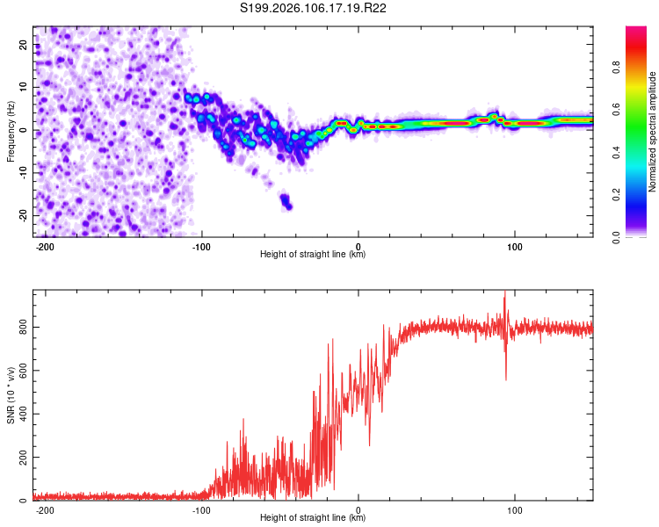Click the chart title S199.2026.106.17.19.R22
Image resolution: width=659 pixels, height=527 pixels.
314,8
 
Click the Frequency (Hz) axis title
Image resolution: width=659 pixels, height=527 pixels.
11,132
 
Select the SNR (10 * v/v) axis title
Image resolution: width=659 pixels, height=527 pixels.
11,395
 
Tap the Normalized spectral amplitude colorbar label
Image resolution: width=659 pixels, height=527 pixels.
653,132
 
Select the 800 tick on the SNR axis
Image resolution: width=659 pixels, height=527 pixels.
22,328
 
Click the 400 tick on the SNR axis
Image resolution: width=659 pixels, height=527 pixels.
22,415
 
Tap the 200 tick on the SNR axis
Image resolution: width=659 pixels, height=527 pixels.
22,458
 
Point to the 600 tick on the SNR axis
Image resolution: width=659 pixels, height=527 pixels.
22,371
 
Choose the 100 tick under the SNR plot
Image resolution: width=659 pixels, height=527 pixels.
515,510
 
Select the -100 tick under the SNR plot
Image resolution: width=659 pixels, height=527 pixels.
202,510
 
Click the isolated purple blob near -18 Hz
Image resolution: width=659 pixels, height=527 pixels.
286,202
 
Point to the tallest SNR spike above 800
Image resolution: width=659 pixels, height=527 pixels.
504,294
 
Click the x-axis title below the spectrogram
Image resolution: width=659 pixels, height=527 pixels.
313,255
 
